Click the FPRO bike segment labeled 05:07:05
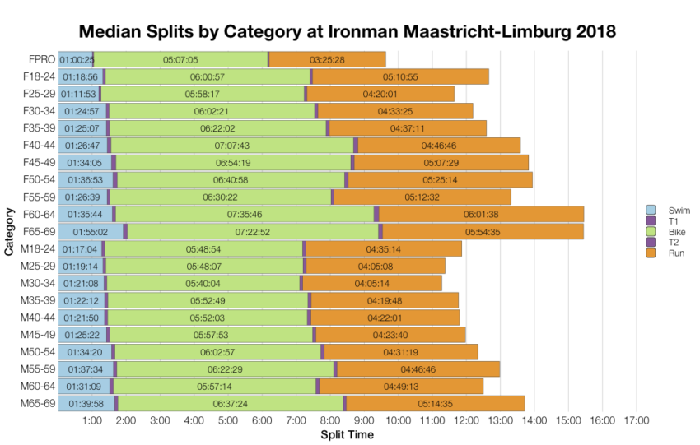pos(180,59)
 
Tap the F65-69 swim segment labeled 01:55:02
pos(91,232)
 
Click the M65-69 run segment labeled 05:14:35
pos(435,403)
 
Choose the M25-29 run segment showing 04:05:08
pos(376,266)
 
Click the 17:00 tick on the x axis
pos(636,421)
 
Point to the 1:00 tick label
pos(92,421)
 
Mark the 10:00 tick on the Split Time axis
pos(398,421)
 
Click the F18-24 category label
pos(39,76)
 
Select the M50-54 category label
pos(38,351)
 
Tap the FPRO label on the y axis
pos(41,59)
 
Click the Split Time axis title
pos(346,434)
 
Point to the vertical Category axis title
pos(9,232)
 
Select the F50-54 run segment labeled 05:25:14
pos(440,179)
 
